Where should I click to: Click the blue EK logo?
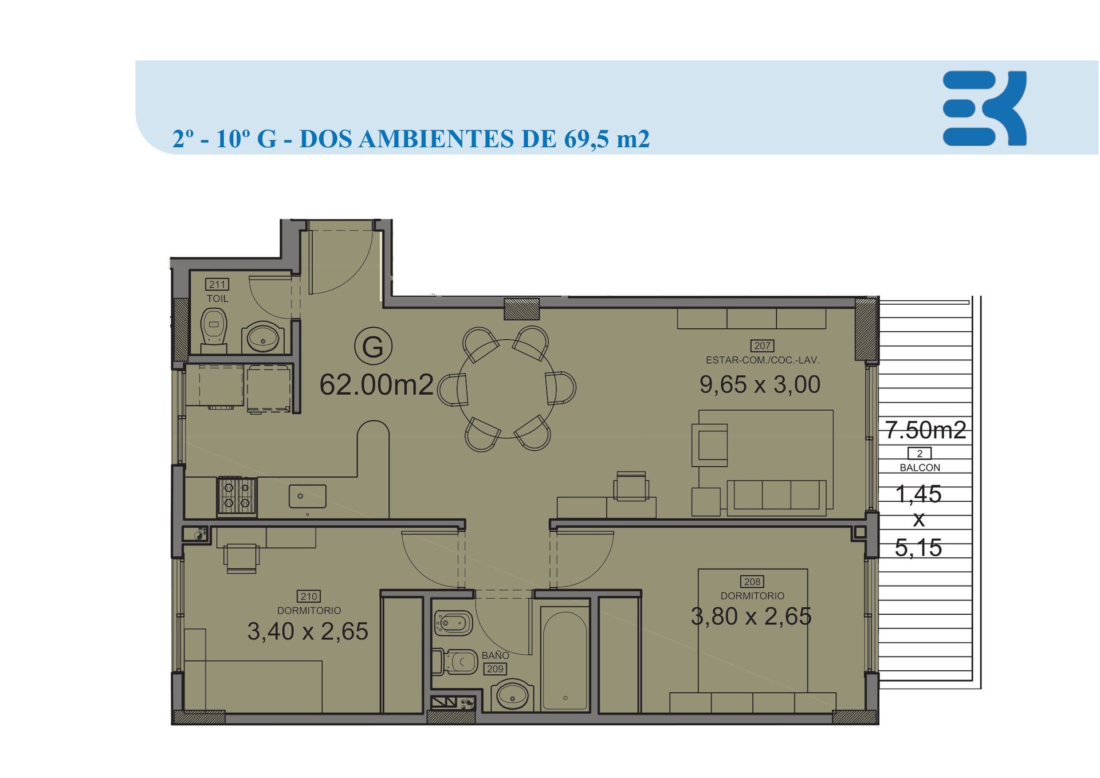984,108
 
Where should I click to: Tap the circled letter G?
373,346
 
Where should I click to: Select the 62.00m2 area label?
376,384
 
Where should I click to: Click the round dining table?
506,389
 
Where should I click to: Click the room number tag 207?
762,345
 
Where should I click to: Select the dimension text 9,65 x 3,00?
760,384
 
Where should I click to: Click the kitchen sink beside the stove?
307,496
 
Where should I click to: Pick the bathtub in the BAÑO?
564,661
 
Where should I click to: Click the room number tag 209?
495,669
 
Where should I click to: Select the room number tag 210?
309,596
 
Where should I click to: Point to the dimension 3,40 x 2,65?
308,631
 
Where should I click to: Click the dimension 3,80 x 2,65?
751,616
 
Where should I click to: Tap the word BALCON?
920,467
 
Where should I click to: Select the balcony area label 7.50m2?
926,430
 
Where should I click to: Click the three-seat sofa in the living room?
776,495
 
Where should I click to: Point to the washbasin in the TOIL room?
263,337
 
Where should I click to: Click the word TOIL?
217,298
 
